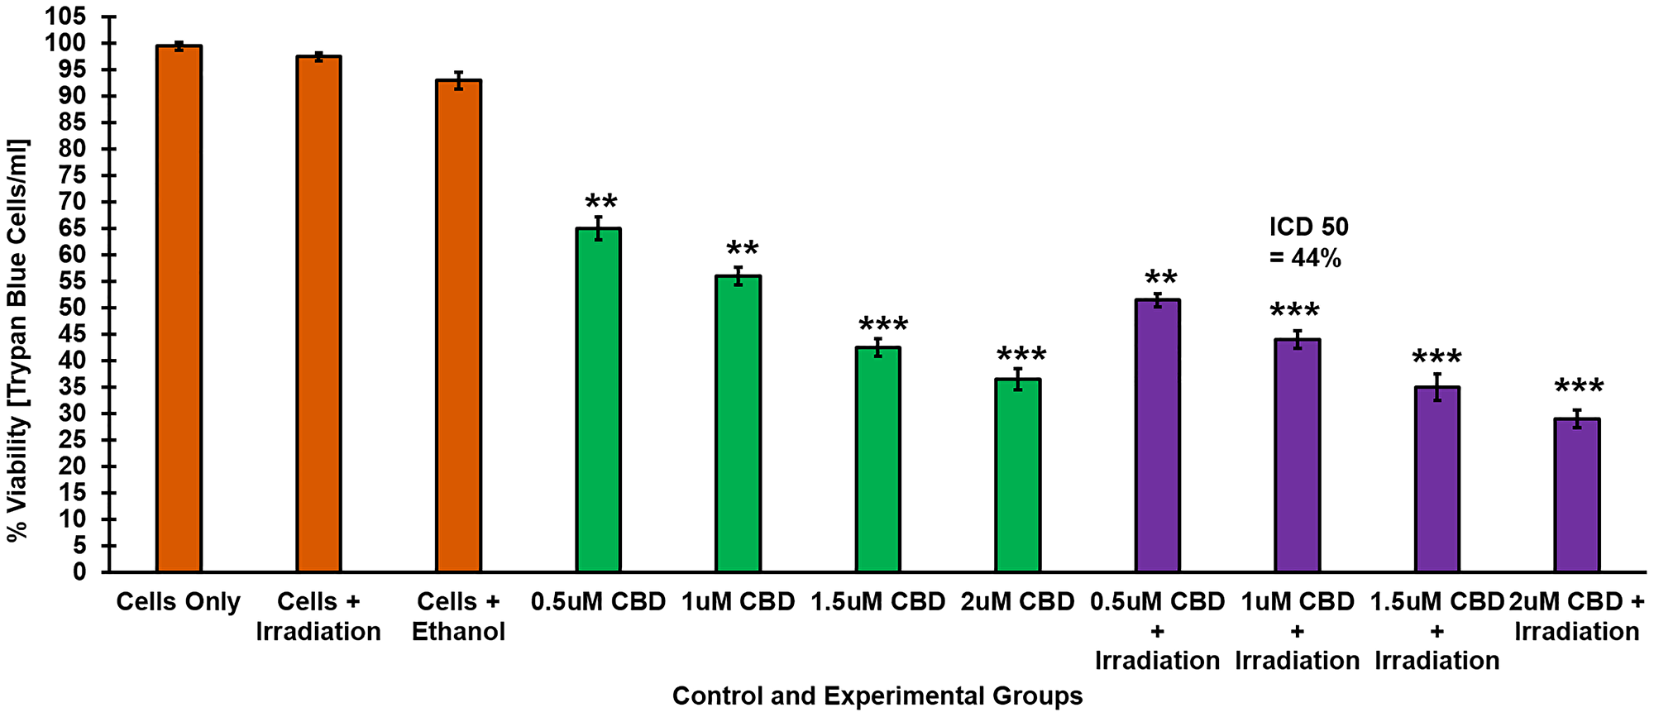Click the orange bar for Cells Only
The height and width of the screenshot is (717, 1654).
(179, 310)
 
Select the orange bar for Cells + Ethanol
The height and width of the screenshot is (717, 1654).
(459, 327)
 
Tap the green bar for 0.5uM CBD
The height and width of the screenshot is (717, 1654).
(599, 401)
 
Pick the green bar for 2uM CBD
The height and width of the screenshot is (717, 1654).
(1018, 476)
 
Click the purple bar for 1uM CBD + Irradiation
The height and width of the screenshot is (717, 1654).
(1298, 455)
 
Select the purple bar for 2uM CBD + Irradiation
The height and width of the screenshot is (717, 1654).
(1577, 496)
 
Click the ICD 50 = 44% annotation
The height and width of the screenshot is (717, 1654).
(1308, 242)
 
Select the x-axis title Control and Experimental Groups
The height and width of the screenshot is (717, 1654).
(877, 696)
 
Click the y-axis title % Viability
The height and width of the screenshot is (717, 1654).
(17, 339)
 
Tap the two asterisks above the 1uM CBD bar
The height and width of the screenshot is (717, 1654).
(742, 249)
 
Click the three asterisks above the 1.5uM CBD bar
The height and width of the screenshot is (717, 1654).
(883, 324)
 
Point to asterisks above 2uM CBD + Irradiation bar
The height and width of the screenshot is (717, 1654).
(1579, 386)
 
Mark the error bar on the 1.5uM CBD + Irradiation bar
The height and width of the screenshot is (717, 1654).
(1437, 387)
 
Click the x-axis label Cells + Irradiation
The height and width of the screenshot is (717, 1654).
(318, 616)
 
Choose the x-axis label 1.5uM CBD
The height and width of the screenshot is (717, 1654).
(878, 602)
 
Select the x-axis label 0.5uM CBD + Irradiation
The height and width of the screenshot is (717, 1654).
(1158, 631)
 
